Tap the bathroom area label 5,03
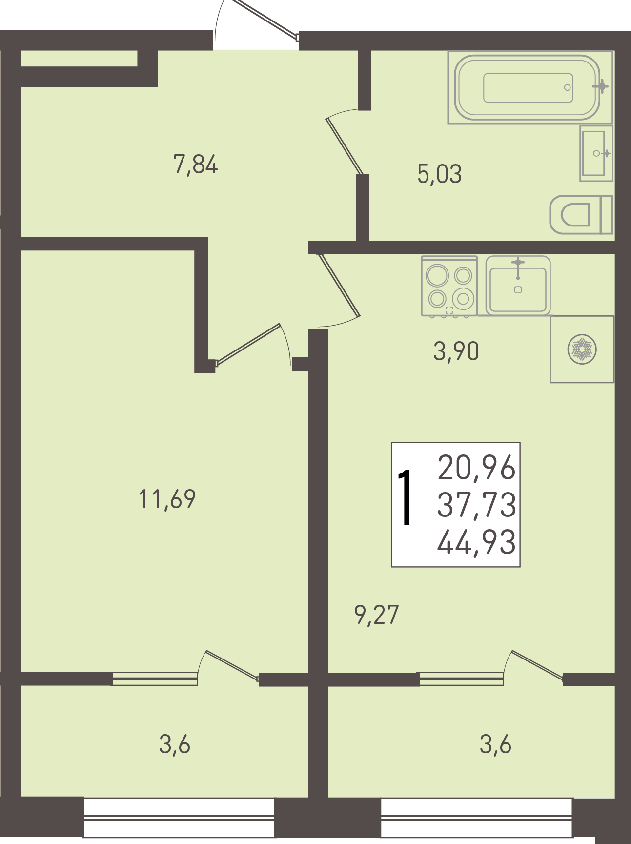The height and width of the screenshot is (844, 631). point(439,174)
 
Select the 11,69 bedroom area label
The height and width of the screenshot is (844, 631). point(167,499)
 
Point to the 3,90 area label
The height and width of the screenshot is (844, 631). point(456,351)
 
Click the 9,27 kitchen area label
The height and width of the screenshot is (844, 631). point(377,615)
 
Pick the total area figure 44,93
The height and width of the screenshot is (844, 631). point(477,542)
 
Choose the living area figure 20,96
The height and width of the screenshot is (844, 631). point(477,467)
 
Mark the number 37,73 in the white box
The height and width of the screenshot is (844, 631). point(477,505)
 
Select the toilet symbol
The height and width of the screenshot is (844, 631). point(581,215)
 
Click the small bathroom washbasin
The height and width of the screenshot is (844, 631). point(596,153)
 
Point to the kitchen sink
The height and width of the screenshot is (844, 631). point(518,286)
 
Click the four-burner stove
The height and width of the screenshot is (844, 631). point(449,286)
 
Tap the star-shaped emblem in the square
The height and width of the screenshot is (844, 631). point(582,350)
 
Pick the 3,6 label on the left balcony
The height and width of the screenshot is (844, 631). point(174,745)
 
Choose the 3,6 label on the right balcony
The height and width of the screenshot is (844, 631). point(495,745)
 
